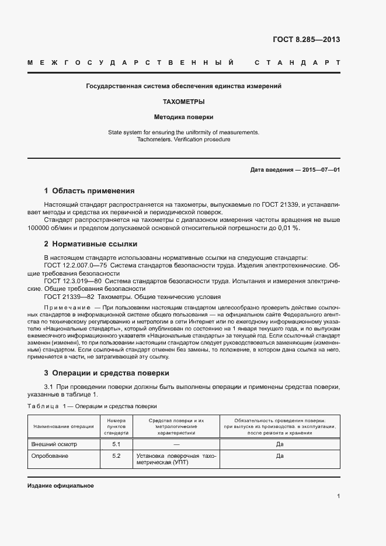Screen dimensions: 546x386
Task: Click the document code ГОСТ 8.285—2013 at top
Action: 306,40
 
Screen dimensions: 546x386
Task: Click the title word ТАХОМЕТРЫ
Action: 183,102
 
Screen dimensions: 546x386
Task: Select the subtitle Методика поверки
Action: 183,117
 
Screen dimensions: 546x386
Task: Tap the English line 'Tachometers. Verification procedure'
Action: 183,140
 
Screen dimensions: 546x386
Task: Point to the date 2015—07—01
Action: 319,169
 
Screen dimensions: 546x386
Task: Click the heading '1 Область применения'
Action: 89,191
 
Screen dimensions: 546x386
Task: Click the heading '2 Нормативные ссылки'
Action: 91,244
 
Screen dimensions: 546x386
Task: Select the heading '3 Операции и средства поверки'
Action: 107,373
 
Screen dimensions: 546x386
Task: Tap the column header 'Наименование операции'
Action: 64,426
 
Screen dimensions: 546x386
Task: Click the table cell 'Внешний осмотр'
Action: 54,444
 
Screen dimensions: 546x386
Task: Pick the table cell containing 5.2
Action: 116,455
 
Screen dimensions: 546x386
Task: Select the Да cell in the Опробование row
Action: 280,456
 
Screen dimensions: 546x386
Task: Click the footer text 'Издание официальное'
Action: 61,486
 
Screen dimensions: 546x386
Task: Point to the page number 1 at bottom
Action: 338,496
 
